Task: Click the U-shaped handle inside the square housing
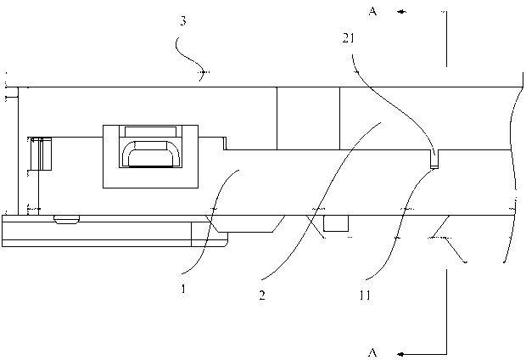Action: click(150, 155)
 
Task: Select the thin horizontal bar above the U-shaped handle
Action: click(150, 130)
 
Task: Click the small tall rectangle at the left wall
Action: click(42, 153)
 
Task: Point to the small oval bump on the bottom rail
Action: click(65, 219)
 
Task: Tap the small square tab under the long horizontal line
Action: click(336, 222)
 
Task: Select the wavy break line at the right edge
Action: click(512, 170)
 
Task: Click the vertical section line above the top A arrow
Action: click(445, 38)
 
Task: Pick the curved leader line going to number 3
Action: click(192, 58)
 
